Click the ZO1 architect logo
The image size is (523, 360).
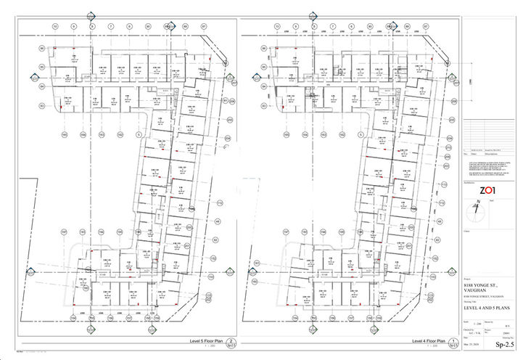[487, 192]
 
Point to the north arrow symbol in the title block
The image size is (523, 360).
[476, 211]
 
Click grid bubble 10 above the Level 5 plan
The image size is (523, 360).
[54, 25]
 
